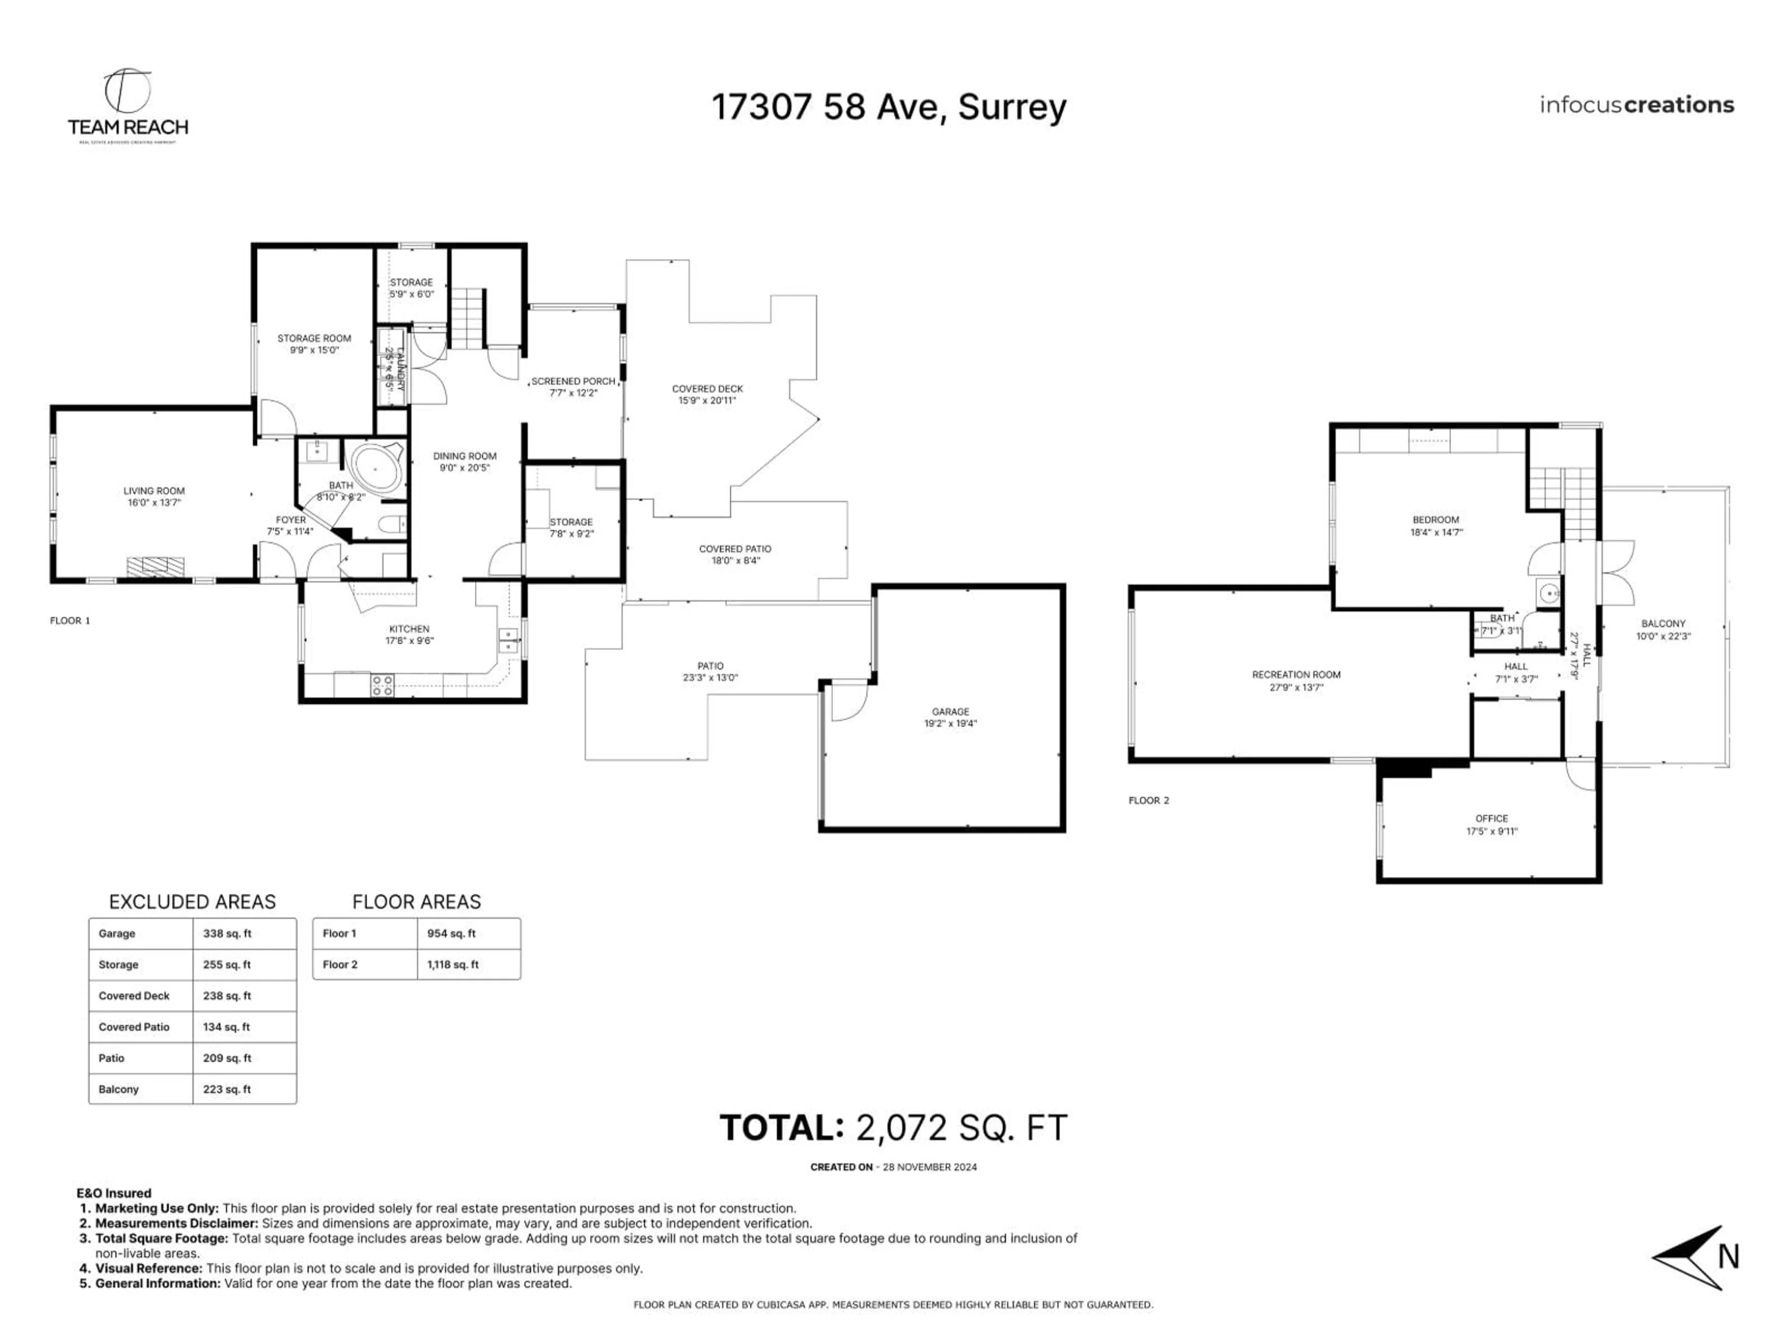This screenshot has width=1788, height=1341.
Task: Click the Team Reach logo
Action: (x=128, y=105)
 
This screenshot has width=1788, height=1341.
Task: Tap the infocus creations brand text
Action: (x=1636, y=105)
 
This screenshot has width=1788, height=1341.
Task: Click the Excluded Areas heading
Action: (x=192, y=901)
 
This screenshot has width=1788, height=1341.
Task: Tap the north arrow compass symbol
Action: (x=1691, y=1257)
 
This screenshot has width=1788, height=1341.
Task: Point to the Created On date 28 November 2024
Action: (x=929, y=1166)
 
